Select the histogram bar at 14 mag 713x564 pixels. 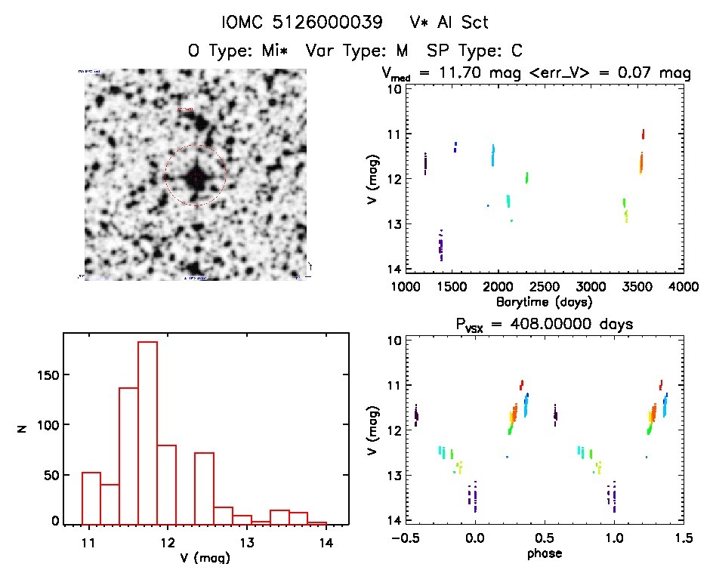(x=317, y=522)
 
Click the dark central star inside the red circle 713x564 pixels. (x=195, y=176)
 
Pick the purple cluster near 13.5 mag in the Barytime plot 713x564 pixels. (x=441, y=245)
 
